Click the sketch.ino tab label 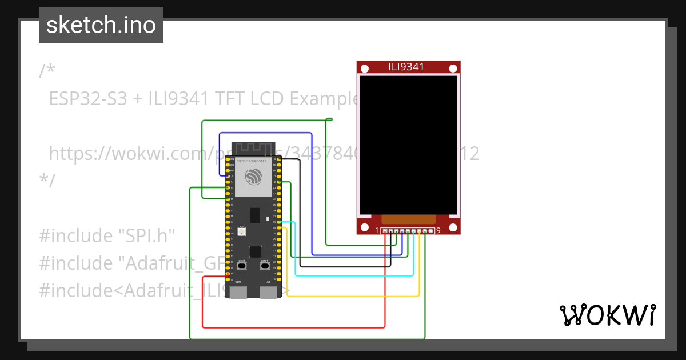tap(101, 25)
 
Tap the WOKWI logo tap(607, 315)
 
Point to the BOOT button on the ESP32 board tap(242, 266)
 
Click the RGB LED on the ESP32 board tap(241, 231)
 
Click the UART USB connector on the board tap(238, 293)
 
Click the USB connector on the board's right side tap(268, 293)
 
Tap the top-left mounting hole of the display tap(364, 68)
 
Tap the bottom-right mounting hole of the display tap(453, 227)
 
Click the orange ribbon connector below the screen tap(408, 219)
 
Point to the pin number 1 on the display tap(377, 231)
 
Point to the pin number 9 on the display tap(438, 231)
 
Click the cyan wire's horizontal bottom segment tap(354, 275)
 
